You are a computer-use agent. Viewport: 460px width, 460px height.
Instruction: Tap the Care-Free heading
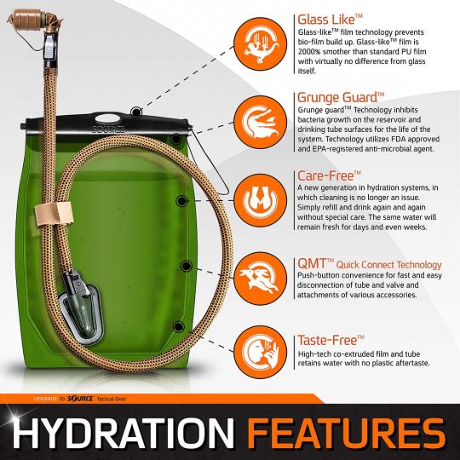click(x=328, y=175)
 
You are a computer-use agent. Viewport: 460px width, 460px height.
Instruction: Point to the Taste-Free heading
click(x=331, y=339)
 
